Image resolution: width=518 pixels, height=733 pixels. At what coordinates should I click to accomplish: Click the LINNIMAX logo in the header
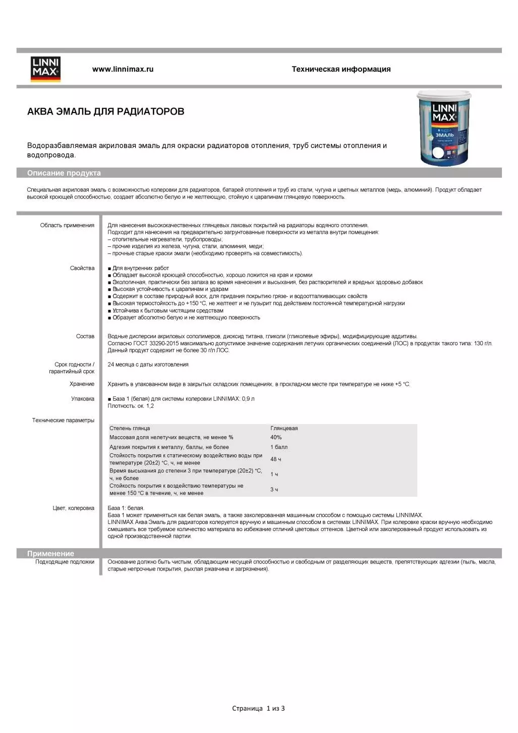click(x=45, y=69)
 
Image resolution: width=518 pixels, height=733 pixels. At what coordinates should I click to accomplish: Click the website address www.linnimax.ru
click(x=123, y=69)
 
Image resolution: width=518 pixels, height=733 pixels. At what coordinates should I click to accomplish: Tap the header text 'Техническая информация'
click(x=341, y=69)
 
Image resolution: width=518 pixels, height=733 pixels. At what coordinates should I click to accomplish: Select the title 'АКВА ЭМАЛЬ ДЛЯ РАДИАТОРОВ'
click(x=105, y=112)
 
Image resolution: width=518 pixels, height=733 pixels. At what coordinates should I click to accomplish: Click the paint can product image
click(x=444, y=128)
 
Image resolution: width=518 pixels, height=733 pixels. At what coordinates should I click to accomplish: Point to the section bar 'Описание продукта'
click(x=64, y=173)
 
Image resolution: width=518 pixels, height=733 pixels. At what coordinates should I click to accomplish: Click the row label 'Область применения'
click(x=67, y=225)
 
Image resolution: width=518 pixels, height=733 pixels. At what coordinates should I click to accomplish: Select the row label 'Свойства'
click(x=82, y=268)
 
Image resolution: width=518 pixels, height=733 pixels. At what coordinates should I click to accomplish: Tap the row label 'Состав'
click(x=85, y=336)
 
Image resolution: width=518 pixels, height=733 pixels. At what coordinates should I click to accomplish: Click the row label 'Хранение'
click(x=82, y=384)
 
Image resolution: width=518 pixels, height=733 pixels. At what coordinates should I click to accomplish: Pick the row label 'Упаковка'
click(x=83, y=399)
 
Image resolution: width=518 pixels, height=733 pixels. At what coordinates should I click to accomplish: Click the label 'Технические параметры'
click(x=63, y=420)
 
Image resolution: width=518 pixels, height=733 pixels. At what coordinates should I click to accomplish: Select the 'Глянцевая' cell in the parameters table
click(x=284, y=428)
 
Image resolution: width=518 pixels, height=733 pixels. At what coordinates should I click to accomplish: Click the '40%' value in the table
click(x=276, y=437)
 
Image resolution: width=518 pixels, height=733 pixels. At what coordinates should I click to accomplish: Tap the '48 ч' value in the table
click(x=276, y=459)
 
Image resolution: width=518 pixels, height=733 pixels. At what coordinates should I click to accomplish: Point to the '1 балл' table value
click(x=279, y=447)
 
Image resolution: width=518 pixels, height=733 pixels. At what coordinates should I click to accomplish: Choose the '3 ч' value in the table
click(x=274, y=489)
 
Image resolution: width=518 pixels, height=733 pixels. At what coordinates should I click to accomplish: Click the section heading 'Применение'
click(x=50, y=553)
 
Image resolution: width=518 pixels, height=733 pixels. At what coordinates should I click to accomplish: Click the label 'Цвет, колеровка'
click(x=73, y=508)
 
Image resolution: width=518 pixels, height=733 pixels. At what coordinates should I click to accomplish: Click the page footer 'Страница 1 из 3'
click(x=258, y=708)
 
